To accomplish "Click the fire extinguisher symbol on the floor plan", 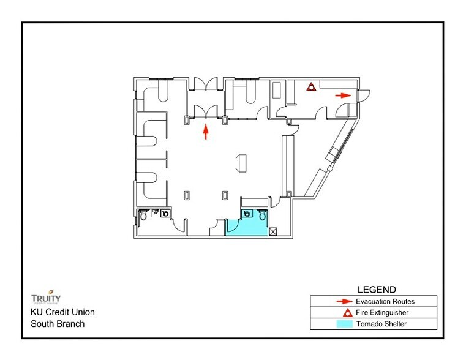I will [312, 86].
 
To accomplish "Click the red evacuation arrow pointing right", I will [343, 95].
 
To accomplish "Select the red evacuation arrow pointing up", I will [206, 132].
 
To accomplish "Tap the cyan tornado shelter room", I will [247, 226].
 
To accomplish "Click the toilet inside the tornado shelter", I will [263, 214].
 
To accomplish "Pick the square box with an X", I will [273, 231].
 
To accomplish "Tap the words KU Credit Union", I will [63, 312].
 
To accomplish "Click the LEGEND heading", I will [375, 289].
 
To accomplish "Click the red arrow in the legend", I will [344, 301].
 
